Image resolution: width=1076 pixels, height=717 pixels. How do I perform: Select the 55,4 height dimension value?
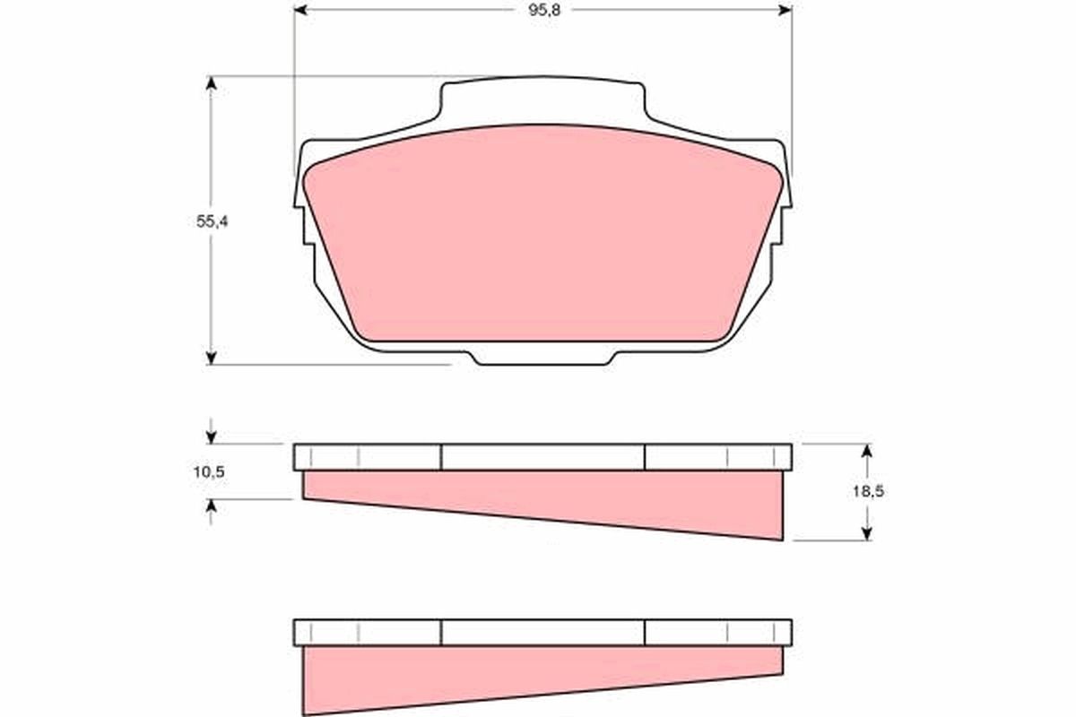click(x=213, y=222)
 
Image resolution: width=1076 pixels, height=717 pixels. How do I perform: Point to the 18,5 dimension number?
click(x=867, y=491)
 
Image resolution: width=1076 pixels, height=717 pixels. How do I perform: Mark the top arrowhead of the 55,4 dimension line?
click(x=212, y=83)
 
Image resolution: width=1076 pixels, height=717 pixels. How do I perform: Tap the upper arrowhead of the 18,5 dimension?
click(x=867, y=451)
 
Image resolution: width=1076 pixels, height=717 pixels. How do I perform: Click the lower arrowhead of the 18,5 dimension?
click(x=867, y=533)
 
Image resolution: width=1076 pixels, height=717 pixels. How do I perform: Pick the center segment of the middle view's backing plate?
click(x=542, y=457)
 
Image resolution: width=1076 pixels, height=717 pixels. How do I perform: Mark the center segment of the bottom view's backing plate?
click(x=542, y=633)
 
